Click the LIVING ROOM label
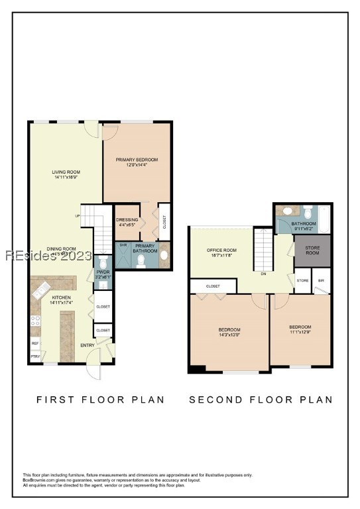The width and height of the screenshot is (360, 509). (x=66, y=172)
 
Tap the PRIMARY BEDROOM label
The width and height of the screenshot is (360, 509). (x=137, y=159)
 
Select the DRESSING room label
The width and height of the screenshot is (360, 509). (x=127, y=219)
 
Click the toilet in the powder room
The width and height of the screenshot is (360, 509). (x=103, y=283)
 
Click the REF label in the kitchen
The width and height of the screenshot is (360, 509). (x=34, y=343)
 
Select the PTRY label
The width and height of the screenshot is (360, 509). (x=34, y=357)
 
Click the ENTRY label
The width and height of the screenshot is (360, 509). (x=88, y=345)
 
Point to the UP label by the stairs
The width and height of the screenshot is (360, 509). (x=77, y=216)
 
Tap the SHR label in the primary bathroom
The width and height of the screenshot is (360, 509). (x=123, y=244)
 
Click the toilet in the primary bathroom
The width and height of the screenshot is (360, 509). (x=141, y=260)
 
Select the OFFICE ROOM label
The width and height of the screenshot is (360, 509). (x=221, y=250)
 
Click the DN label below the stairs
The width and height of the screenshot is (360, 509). (x=263, y=273)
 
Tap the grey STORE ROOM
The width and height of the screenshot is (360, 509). (x=312, y=250)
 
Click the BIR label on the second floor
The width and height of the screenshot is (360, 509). (x=321, y=280)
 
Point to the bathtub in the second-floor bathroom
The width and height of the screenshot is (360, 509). (x=324, y=219)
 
